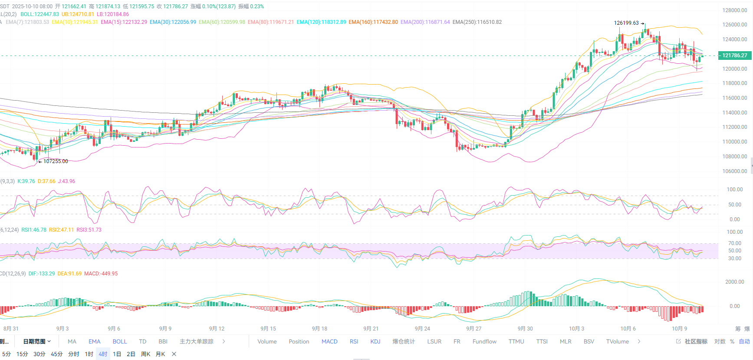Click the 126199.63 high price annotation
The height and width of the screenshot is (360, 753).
tap(626, 23)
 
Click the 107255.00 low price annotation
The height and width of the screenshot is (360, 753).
tap(56, 161)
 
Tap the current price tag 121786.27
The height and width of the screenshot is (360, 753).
tap(734, 56)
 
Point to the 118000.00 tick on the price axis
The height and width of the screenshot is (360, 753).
tap(734, 83)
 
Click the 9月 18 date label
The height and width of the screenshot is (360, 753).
tap(319, 329)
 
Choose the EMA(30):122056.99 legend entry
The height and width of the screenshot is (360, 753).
tap(173, 22)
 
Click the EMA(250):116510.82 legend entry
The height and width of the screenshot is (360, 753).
tap(477, 22)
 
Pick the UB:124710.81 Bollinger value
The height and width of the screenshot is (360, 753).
tap(78, 14)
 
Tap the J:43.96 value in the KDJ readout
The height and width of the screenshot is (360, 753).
tap(66, 181)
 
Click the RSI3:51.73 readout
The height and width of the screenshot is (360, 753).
tap(89, 230)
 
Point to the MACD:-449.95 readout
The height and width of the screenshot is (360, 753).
tap(101, 274)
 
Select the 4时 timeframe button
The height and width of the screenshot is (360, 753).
tap(103, 354)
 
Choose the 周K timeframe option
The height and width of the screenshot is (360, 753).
tap(145, 354)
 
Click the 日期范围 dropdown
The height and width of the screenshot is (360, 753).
tap(37, 342)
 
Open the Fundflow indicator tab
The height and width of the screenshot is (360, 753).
tap(484, 342)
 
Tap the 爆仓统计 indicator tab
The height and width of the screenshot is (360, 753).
tap(404, 342)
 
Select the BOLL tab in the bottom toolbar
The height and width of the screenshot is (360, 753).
tap(120, 342)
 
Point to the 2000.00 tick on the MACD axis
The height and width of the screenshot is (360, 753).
tap(734, 282)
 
